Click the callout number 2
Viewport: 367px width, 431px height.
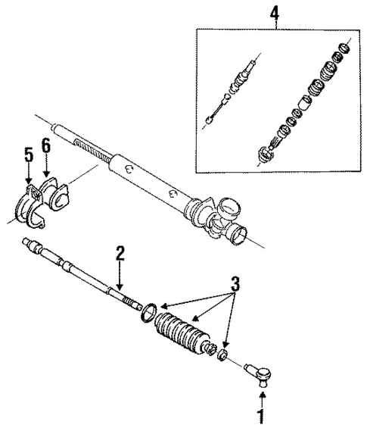pyautogui.click(x=119, y=255)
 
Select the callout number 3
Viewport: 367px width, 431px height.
pyautogui.click(x=236, y=284)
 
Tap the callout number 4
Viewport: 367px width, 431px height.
pyautogui.click(x=275, y=13)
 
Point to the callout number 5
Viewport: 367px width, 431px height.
pyautogui.click(x=29, y=155)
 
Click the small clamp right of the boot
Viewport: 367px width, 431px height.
pyautogui.click(x=224, y=355)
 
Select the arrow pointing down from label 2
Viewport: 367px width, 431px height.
pyautogui.click(x=119, y=276)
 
